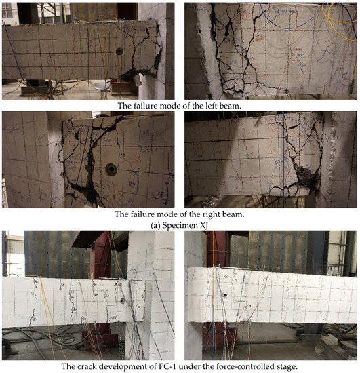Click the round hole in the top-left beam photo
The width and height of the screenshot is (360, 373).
(x=119, y=51)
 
